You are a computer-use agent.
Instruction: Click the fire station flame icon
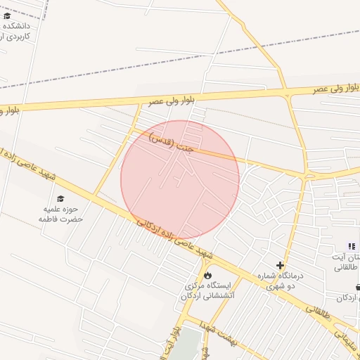(208, 274)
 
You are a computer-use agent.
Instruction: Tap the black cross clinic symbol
(280, 266)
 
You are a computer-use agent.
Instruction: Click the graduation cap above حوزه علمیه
(60, 199)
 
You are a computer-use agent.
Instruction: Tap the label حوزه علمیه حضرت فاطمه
(61, 214)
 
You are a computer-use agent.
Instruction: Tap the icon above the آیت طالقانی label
(352, 245)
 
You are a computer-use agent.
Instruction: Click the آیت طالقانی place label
(345, 262)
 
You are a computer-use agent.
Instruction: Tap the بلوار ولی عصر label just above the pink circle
(168, 101)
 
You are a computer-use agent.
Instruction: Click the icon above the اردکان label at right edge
(357, 287)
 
